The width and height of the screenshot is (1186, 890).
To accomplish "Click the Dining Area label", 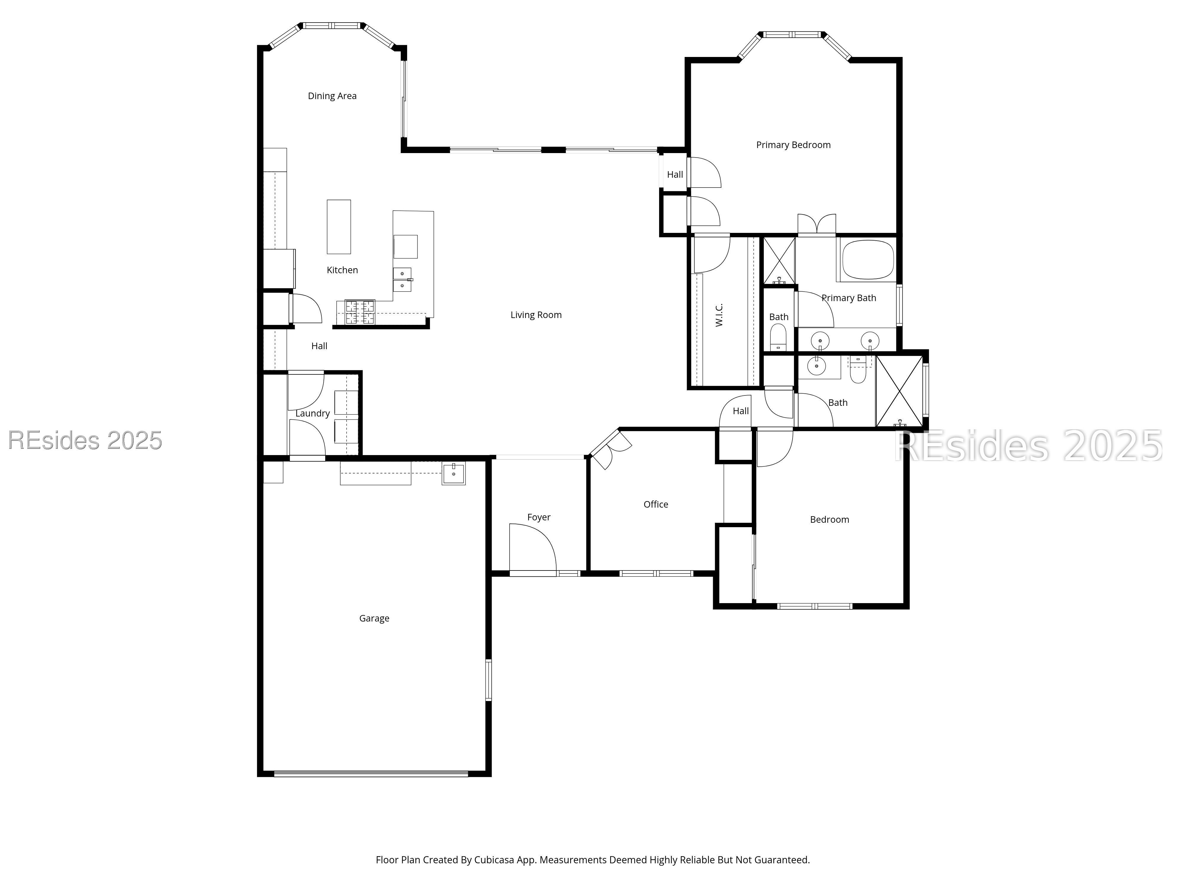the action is click(332, 96).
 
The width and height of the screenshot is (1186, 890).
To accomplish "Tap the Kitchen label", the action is click(342, 270).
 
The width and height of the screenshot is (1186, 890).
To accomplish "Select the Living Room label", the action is click(536, 315).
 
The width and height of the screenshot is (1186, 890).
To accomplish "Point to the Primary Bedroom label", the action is click(793, 145).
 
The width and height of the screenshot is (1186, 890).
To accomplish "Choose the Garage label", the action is click(374, 619).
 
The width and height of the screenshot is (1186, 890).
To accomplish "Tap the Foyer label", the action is click(538, 517).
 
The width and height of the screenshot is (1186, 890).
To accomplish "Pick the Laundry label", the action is click(313, 413).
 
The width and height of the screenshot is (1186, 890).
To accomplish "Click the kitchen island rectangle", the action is click(339, 227).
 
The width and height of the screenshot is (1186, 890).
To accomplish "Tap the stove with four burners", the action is click(360, 312).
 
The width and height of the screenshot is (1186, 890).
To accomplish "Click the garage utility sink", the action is click(454, 473).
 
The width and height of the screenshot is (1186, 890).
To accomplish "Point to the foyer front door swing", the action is click(533, 547).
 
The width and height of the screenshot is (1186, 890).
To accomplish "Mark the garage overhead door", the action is click(371, 774).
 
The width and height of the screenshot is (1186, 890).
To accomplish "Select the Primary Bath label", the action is click(849, 298).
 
